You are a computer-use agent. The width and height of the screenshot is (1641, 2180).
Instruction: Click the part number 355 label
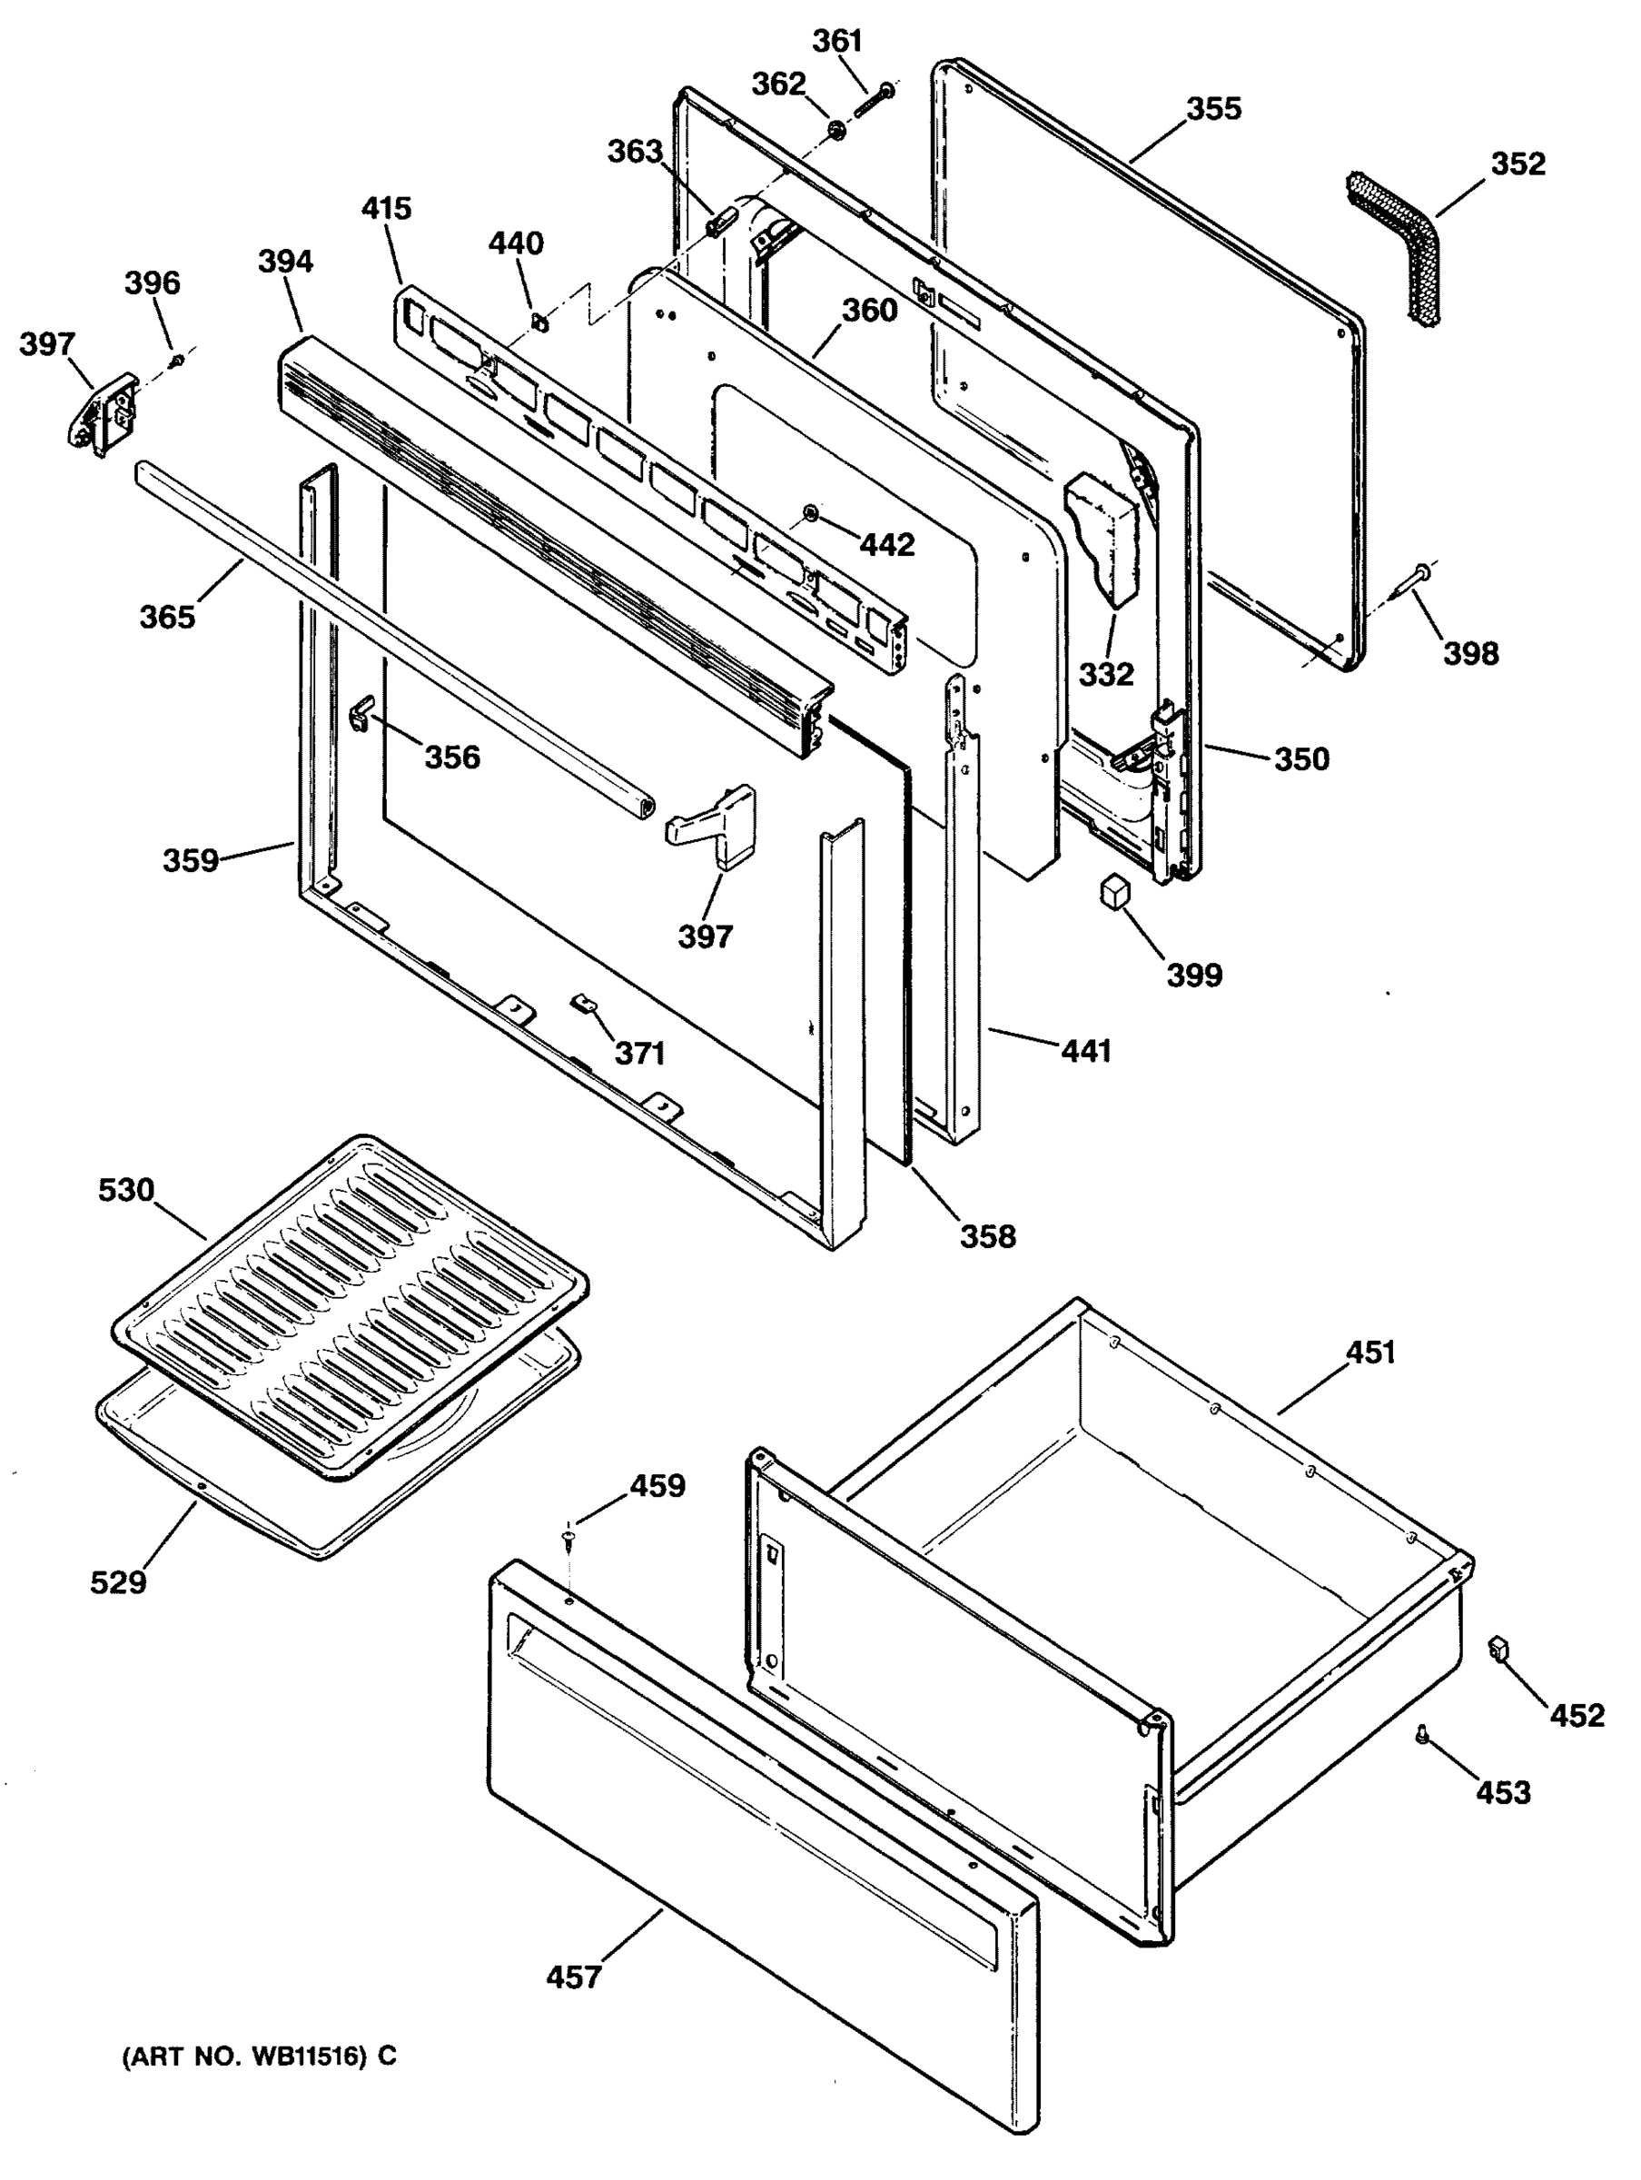[1213, 108]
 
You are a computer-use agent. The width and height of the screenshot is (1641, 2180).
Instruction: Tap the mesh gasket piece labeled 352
[1391, 245]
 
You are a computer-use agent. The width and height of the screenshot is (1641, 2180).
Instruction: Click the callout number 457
[574, 1977]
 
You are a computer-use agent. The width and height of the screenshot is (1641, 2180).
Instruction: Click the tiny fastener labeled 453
[1421, 1733]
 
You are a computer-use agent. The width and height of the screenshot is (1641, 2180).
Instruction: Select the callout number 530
[126, 1190]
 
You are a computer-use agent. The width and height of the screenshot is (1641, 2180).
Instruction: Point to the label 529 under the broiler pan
[118, 1581]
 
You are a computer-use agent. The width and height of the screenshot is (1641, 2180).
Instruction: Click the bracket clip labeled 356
[362, 710]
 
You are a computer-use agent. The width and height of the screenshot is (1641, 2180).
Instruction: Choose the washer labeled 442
[810, 511]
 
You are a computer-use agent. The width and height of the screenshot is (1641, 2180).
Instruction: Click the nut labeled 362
[835, 130]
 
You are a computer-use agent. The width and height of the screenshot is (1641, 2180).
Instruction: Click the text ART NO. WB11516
[258, 2056]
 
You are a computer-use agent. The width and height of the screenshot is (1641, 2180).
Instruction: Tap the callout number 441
[1086, 1052]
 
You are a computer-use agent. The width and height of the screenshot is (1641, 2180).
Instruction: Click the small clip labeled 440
[539, 321]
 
